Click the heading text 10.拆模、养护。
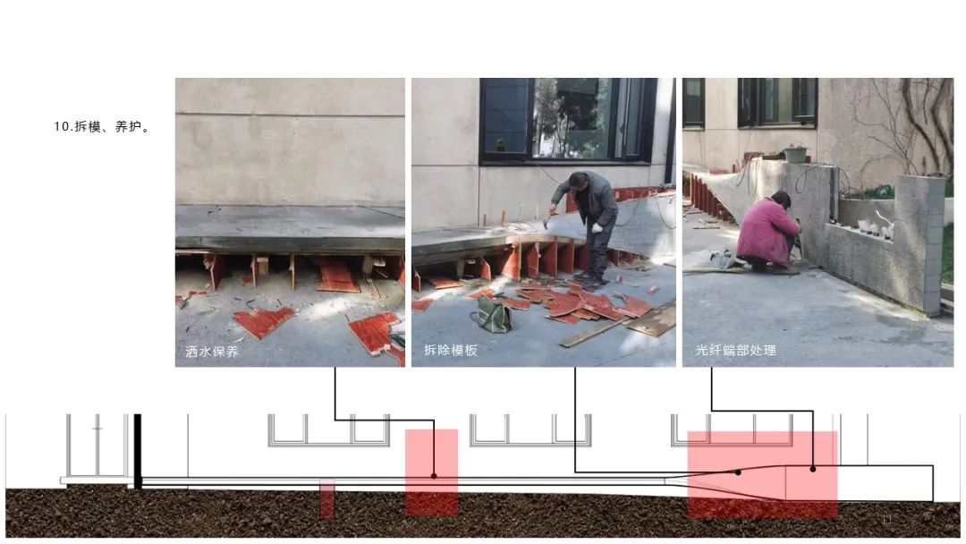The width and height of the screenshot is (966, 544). (x=102, y=127)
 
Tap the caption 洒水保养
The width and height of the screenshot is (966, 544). (x=211, y=352)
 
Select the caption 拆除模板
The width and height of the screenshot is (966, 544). (x=450, y=351)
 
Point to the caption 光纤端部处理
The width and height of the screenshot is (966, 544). (x=735, y=351)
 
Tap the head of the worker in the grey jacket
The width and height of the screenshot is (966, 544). (x=579, y=181)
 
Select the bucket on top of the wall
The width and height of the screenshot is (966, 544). (x=795, y=154)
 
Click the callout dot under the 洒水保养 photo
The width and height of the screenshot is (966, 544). (x=435, y=476)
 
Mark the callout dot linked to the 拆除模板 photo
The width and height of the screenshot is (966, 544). (x=738, y=472)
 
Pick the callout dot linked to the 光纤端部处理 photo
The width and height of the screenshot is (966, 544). (x=813, y=470)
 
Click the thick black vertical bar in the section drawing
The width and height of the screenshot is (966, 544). (x=138, y=452)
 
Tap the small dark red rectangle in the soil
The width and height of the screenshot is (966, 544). (x=327, y=498)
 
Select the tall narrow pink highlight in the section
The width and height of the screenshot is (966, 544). (x=431, y=472)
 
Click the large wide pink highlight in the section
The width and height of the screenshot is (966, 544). (x=762, y=474)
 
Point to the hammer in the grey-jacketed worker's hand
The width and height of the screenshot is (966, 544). (x=547, y=218)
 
